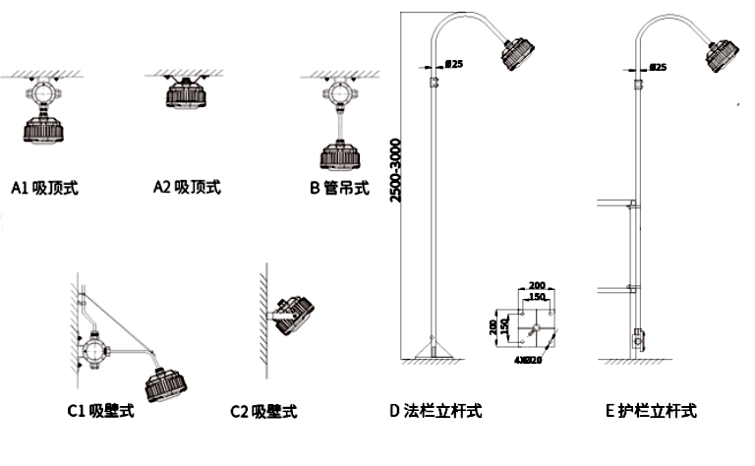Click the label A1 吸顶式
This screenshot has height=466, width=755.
click(x=44, y=187)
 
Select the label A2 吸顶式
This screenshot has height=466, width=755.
click(x=188, y=187)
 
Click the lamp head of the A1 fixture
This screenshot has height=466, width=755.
click(x=42, y=129)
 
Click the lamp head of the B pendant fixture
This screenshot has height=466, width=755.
click(x=340, y=156)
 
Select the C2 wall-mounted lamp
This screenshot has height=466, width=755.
click(x=294, y=315)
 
